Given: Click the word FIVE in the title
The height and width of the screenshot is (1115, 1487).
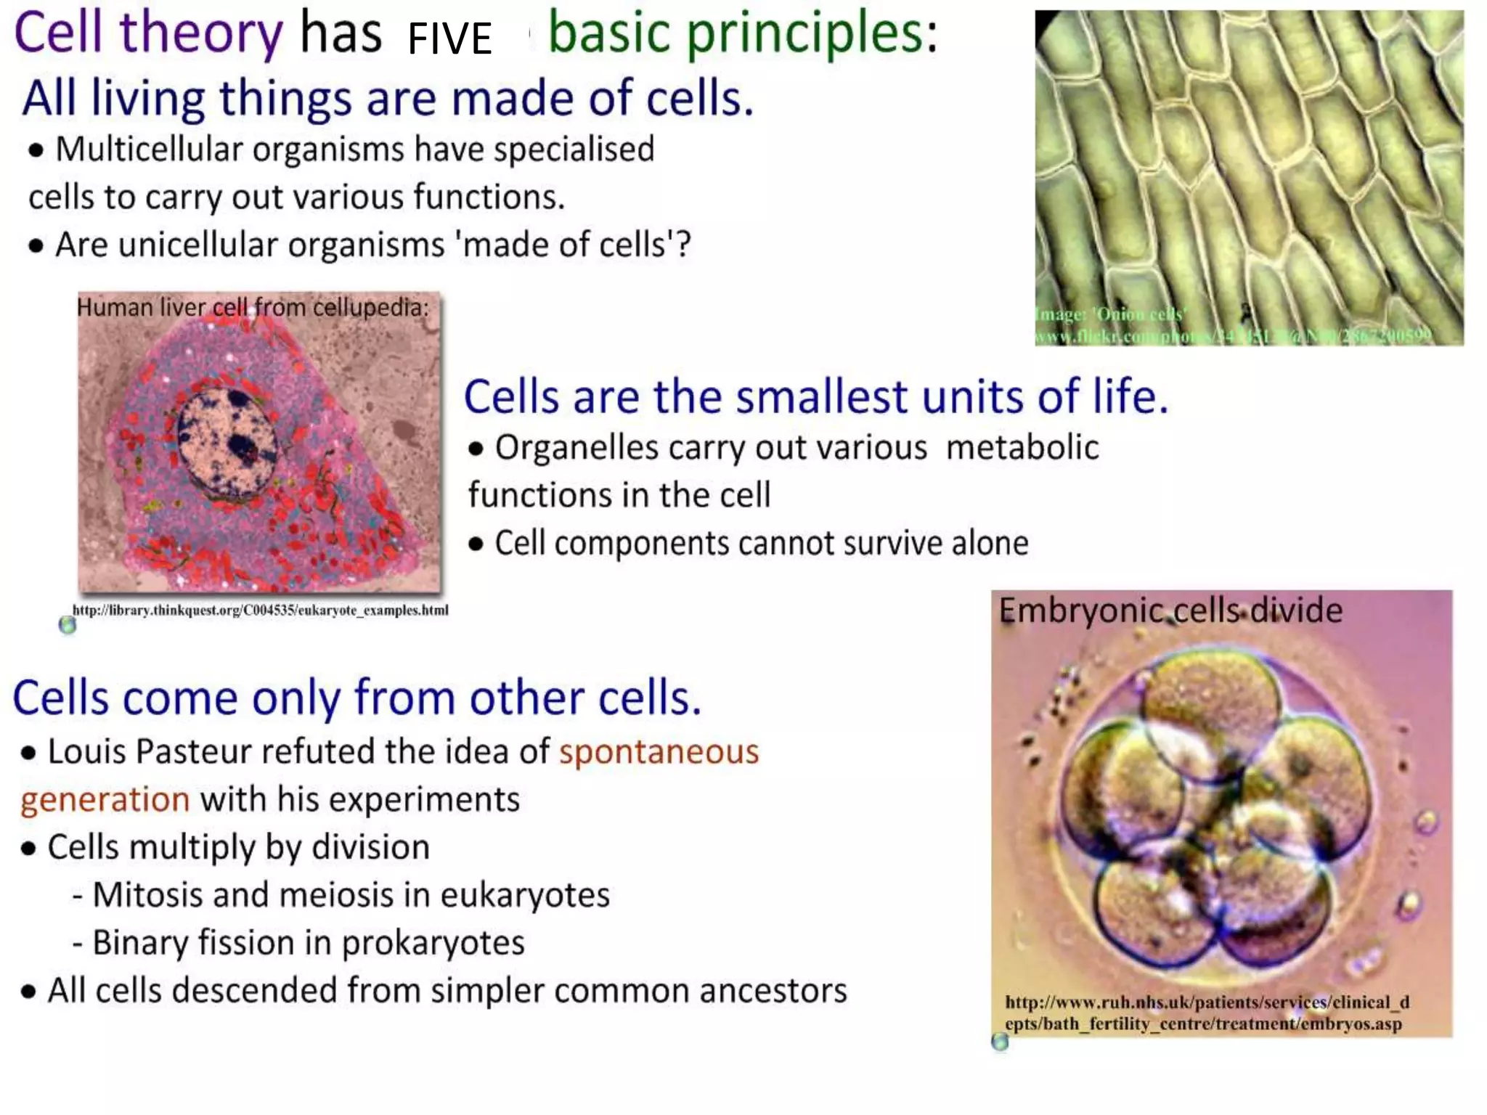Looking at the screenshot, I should click(449, 38).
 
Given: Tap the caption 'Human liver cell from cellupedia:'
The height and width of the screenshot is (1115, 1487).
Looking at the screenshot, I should click(253, 308).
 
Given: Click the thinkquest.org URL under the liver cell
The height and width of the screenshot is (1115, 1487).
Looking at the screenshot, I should click(260, 610).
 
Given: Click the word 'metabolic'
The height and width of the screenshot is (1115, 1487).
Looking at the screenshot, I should click(1022, 447).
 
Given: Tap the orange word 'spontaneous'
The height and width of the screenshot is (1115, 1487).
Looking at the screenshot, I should click(659, 751).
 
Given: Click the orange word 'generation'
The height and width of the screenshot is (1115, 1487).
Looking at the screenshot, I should click(105, 799).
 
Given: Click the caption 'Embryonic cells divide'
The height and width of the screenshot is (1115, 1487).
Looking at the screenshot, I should click(1170, 610).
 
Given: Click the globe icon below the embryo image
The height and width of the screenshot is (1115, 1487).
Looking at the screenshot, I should click(1000, 1042).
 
